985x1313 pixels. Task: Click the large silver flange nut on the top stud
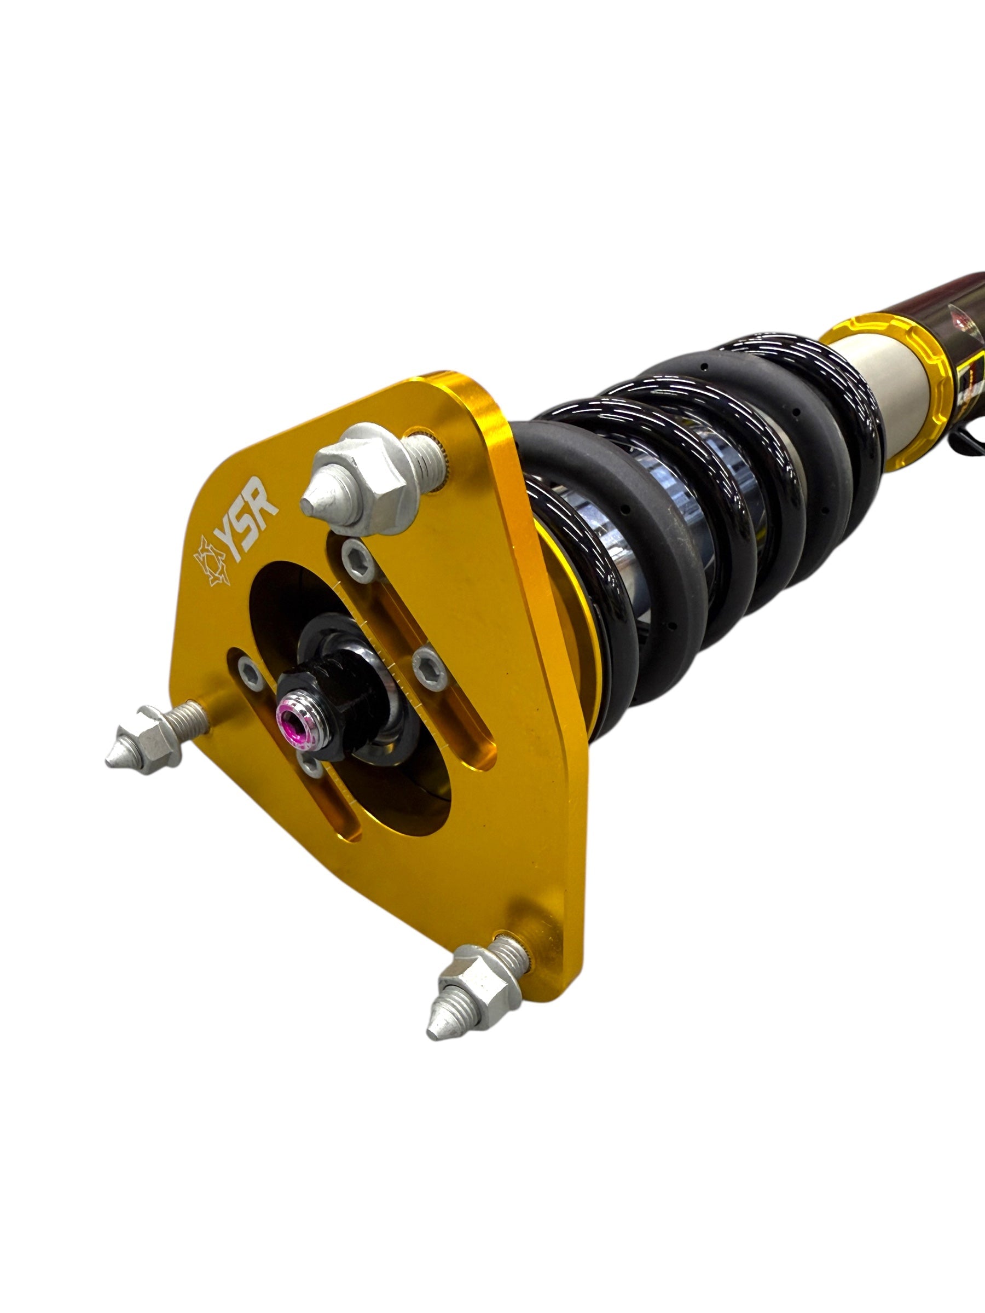click(x=368, y=480)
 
